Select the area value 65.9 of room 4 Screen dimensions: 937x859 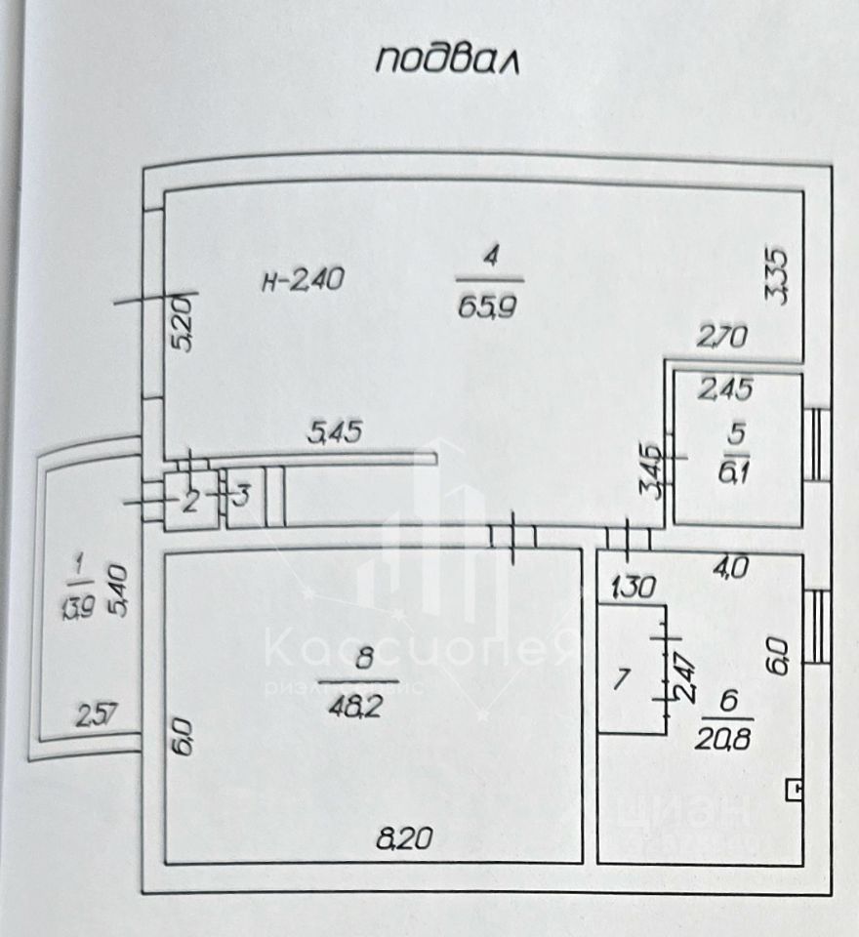492,305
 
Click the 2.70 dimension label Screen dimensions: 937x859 722,339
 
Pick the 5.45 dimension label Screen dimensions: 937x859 334,430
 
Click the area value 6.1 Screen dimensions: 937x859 737,470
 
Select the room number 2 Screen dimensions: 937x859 191,501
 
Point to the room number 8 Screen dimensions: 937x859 364,659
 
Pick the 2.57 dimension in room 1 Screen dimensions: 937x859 97,717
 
